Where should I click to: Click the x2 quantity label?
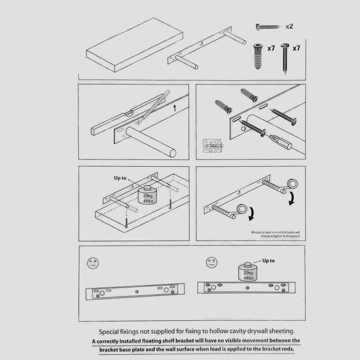pyautogui.click(x=289, y=26)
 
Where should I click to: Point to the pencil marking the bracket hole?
pyautogui.click(x=154, y=104)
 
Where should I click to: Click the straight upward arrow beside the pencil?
pyautogui.click(x=174, y=106)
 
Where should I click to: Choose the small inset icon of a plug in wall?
pyautogui.click(x=211, y=146)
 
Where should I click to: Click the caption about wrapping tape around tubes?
pyautogui.click(x=276, y=234)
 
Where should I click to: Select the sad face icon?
pyautogui.click(x=93, y=263)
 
